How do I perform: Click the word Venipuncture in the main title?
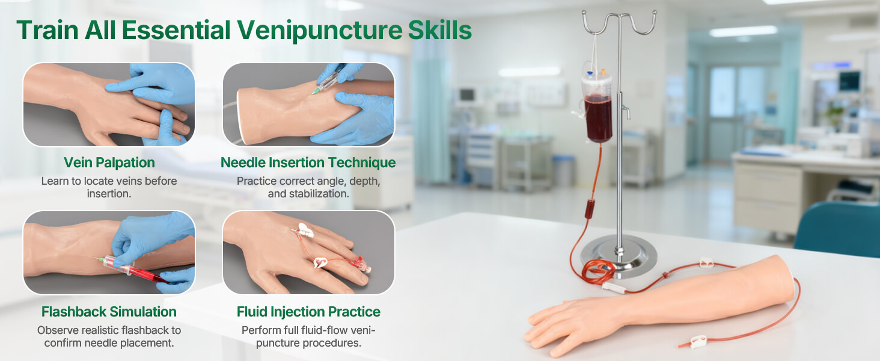320,31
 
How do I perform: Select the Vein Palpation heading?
109,162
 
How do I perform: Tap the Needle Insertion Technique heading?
308,162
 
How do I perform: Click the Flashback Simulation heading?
109,312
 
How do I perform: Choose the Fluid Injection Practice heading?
308,312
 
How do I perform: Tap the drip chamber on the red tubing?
590,209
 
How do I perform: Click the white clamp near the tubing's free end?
698,341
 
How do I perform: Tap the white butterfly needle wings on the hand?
307,230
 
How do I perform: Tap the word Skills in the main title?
440,31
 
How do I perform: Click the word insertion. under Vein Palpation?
109,194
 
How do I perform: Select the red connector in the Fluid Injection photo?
358,262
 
